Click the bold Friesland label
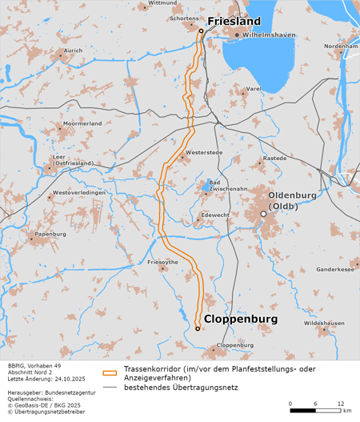pos(234,21)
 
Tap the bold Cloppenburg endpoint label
pos(241,319)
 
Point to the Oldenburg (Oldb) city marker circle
pos(263,214)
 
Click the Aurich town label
pos(73,50)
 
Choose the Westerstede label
pos(202,151)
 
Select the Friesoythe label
pos(163,262)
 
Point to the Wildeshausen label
pos(324,323)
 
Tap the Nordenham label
pos(341,46)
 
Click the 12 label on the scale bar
pos(341,403)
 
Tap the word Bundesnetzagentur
pos(66,393)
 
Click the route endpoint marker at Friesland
pos(200,30)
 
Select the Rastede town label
pos(274,159)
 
